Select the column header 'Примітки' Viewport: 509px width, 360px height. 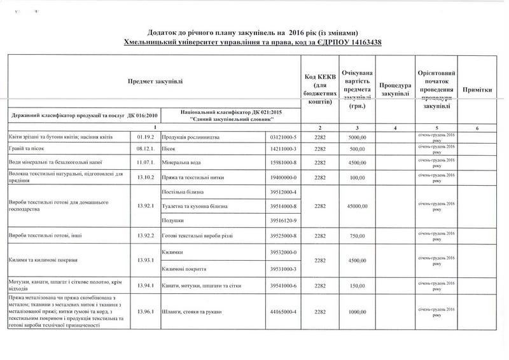(483, 88)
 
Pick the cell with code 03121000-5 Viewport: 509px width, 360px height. (283, 137)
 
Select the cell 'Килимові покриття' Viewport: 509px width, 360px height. (185, 268)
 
